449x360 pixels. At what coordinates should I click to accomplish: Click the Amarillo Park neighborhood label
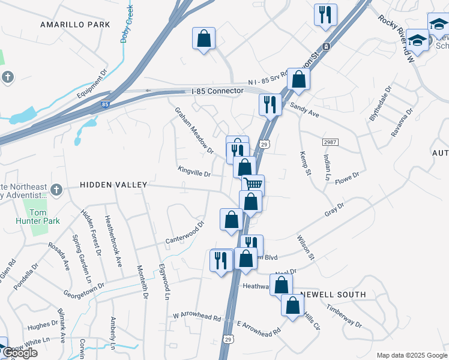(x=75, y=25)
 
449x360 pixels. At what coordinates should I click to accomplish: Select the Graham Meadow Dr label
(x=194, y=130)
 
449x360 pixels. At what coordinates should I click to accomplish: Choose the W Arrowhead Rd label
(x=196, y=314)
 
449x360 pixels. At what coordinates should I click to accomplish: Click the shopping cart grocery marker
(x=253, y=184)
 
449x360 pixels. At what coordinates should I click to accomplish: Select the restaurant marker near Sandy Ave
(x=270, y=104)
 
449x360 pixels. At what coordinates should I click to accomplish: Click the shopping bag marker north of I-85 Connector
(x=203, y=38)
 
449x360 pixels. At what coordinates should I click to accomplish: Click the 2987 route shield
(x=331, y=142)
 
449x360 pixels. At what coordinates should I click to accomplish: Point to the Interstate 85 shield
(x=105, y=105)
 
